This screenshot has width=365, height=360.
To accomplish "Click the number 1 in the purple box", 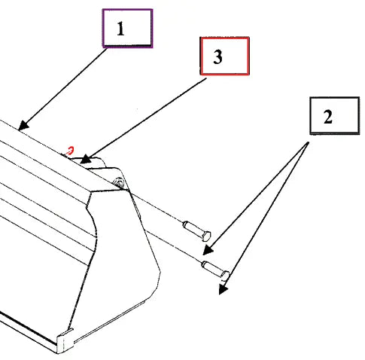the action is point(120,29).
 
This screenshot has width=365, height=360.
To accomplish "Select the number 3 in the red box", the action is point(217,56).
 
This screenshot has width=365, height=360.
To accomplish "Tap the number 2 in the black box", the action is point(328,117).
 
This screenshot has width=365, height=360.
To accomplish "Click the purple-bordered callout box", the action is point(127,29).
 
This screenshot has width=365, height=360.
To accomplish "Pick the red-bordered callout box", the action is point(225,56).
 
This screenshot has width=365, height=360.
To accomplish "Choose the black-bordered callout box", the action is point(335,116).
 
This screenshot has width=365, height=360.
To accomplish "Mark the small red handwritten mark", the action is point(71,151).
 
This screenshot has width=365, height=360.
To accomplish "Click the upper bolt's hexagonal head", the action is point(206,236).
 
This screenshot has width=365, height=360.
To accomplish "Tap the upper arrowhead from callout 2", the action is point(208,251).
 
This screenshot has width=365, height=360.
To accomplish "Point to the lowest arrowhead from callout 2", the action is point(223,289).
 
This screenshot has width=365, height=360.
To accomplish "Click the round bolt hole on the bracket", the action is point(119,182).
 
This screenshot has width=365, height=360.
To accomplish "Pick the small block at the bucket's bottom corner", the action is point(65,341).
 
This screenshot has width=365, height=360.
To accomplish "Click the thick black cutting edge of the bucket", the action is point(28,331).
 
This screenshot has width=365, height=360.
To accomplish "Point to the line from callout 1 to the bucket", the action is point(62,89).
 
